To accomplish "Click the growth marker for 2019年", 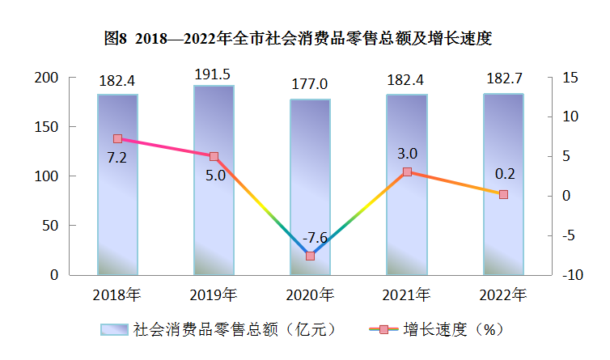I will coord(214,156).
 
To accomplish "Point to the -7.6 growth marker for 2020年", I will coord(310,256).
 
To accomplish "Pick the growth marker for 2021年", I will coord(407,172).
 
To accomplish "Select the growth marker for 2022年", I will coord(503,194).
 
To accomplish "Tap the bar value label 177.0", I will coord(311,84).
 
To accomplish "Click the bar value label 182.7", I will coord(502,79).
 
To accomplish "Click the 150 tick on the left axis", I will coord(47,127).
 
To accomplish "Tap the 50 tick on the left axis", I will coord(51,226).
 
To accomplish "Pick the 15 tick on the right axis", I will coord(571,78).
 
